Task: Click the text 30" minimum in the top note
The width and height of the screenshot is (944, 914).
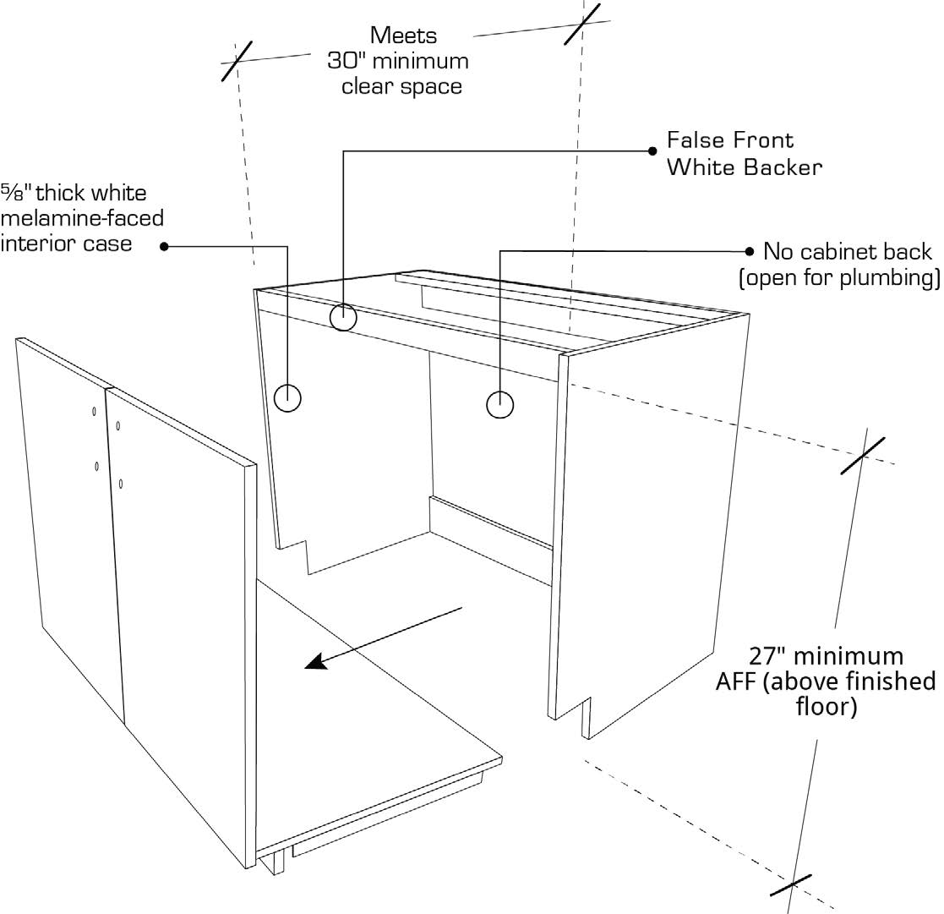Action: (397, 61)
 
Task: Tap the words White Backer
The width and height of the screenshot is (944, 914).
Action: (744, 167)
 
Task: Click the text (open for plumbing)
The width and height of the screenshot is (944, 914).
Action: (839, 278)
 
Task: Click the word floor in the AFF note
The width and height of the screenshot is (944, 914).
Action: (827, 707)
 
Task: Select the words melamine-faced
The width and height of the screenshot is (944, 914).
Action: (82, 218)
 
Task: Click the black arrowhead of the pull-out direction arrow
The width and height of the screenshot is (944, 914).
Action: (318, 662)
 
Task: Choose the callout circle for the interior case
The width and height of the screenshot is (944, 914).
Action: (288, 397)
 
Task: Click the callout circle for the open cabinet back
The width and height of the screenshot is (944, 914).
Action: (500, 405)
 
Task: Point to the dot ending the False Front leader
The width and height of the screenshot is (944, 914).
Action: (652, 151)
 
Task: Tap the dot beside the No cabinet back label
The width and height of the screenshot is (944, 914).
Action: (749, 251)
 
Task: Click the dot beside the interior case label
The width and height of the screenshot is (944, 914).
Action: (165, 246)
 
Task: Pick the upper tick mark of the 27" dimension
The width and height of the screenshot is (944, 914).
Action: (862, 456)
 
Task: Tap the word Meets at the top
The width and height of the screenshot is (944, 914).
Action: (403, 36)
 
